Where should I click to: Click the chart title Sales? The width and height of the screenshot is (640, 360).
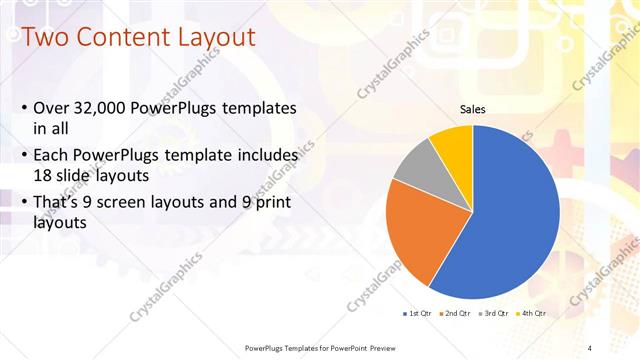tap(472, 109)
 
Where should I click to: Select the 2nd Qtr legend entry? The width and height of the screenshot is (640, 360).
tap(455, 313)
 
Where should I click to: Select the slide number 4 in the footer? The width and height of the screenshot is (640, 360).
tap(590, 347)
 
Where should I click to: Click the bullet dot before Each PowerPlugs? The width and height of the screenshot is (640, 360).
tap(24, 156)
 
